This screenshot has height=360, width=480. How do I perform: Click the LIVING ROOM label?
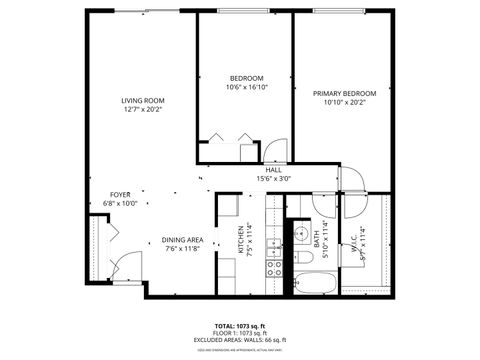coord(143,100)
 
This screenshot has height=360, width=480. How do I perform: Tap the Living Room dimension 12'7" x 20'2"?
coord(143,110)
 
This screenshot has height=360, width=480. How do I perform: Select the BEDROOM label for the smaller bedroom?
coord(246,78)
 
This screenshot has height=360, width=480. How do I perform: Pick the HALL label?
coord(272,170)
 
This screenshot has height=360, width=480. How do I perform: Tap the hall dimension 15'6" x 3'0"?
coord(272,179)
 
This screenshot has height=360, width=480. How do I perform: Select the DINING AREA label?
coord(183,240)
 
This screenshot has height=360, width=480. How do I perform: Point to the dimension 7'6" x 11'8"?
coord(183,250)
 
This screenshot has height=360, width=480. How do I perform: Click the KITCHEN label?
coord(241,240)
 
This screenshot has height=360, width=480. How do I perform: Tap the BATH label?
coord(316,240)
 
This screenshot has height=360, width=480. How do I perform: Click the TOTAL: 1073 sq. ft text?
coord(239,326)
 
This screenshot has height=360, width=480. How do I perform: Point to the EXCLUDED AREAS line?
coord(239,341)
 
